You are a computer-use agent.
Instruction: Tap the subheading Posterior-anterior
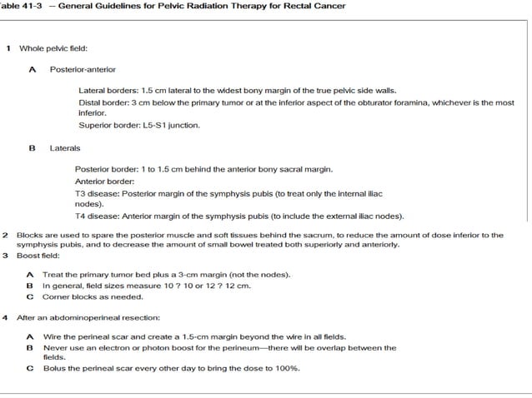click(x=83, y=69)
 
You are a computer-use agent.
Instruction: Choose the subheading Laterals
click(x=65, y=148)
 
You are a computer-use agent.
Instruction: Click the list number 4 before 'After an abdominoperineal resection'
click(x=6, y=317)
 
